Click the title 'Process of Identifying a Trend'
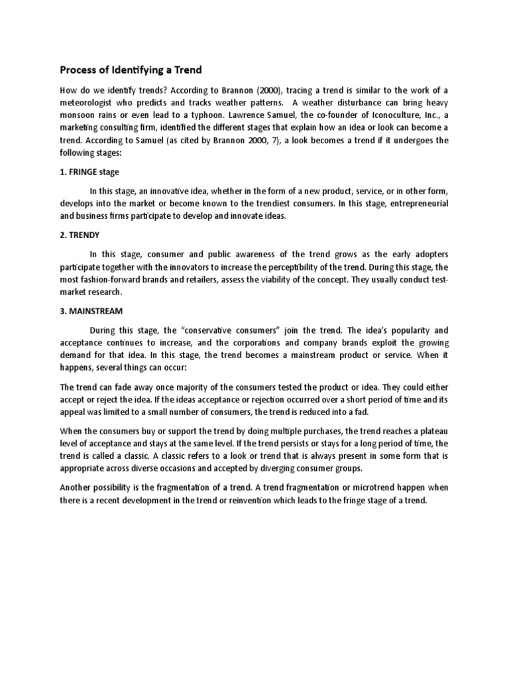(131, 70)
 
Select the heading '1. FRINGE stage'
(89, 172)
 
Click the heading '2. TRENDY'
(80, 235)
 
